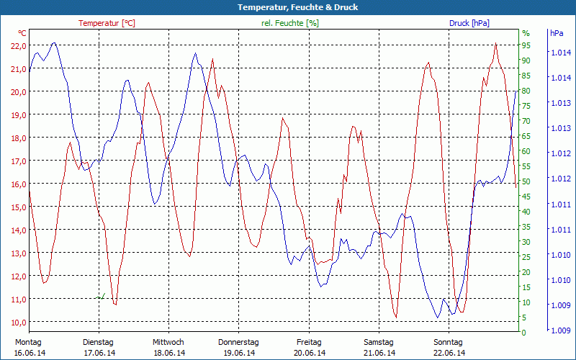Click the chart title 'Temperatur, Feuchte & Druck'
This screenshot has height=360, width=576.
point(287,7)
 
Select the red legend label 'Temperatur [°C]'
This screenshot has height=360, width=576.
point(107,23)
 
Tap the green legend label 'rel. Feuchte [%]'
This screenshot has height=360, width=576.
point(290,23)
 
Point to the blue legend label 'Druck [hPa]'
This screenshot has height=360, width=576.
point(469,23)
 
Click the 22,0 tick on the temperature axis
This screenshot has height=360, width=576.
point(19,45)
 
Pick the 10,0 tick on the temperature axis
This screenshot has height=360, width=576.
point(19,322)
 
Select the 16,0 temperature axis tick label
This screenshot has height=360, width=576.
point(19,184)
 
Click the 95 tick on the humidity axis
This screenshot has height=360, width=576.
point(526,45)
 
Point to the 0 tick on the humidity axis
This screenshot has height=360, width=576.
point(524,333)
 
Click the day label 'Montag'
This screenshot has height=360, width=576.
point(28,342)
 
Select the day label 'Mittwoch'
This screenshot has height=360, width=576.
point(168,342)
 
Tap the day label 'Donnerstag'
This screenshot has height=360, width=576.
point(238,342)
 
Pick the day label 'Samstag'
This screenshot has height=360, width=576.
point(379,342)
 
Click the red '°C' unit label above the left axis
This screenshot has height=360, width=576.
point(22,33)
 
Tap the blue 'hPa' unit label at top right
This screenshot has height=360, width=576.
point(557,33)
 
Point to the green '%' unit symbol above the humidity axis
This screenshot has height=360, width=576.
point(526,33)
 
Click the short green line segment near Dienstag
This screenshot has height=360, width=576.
point(102,296)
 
